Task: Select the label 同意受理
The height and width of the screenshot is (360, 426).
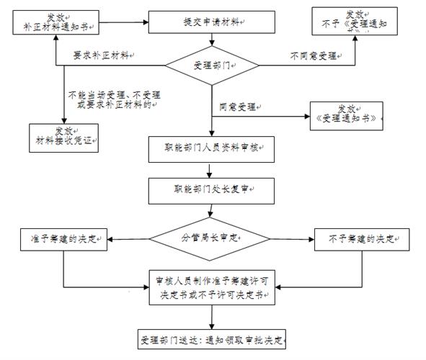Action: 239,107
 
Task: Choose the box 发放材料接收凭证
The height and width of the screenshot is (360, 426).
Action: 61,135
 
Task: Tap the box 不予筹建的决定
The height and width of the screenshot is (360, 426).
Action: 360,238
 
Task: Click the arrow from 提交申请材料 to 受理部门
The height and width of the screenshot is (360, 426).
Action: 211,41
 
